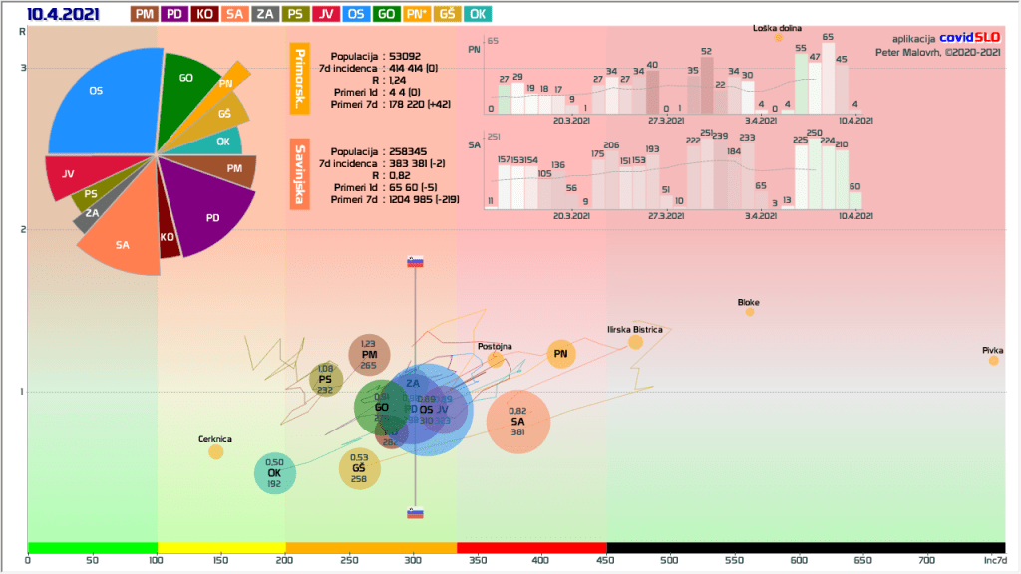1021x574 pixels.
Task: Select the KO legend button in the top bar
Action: point(204,14)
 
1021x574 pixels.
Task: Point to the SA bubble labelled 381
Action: point(518,422)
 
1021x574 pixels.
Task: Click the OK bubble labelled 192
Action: point(275,473)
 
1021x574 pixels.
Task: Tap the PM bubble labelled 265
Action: point(369,355)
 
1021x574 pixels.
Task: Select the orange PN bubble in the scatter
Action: point(561,354)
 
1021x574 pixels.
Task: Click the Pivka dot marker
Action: point(993,360)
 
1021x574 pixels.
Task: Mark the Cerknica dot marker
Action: point(216,452)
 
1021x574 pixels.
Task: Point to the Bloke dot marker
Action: point(750,312)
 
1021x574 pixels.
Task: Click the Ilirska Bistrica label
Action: point(635,329)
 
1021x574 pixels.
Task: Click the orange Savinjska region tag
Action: point(298,175)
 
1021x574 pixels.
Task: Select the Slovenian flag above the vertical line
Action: point(416,262)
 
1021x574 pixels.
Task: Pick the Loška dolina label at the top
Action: point(777,29)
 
